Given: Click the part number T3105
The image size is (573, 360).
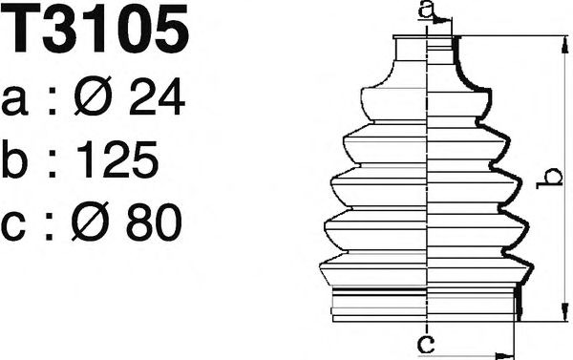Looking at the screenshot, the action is coord(95,29).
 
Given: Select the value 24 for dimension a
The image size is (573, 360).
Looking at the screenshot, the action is coord(158,96).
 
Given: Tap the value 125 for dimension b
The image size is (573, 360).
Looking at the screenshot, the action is coord(118,159).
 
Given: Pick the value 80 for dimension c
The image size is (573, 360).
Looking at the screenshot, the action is coord(154,222).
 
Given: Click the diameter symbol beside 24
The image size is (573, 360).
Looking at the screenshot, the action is coord(93,96).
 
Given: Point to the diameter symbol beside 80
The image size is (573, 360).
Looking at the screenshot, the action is coord(90,222).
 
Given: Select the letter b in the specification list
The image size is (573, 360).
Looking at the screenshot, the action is coord(14,159).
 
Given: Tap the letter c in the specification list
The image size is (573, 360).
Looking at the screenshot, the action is coord(13,226).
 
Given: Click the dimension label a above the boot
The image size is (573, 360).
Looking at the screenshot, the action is coord(426,10).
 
